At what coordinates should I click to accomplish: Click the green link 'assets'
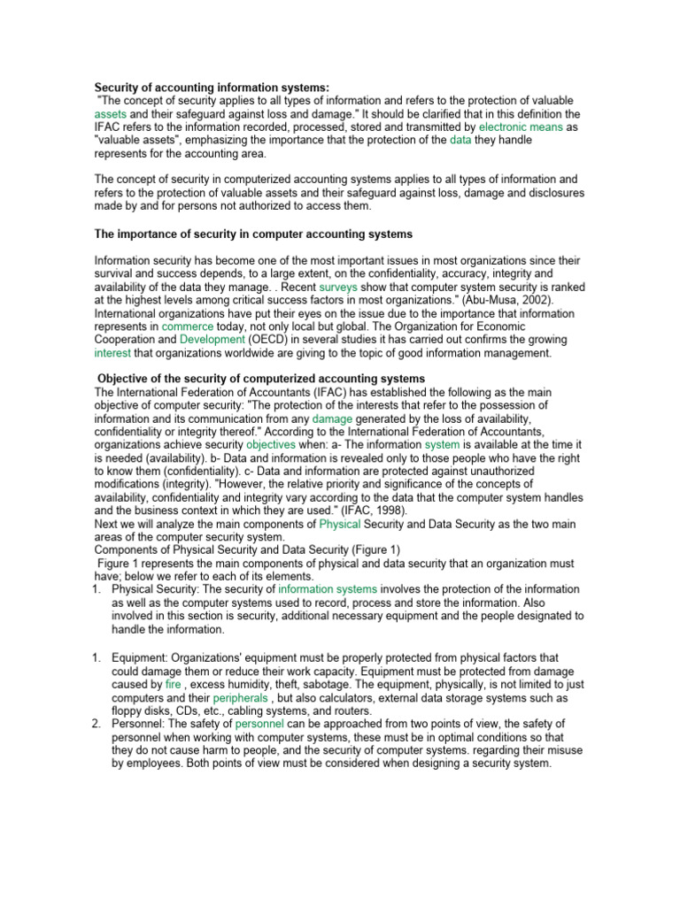click(111, 115)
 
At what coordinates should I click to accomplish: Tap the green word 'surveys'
click(336, 288)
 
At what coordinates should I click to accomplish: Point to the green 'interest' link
click(112, 352)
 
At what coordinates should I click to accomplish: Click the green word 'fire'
click(173, 684)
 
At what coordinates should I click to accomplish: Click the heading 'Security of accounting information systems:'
click(211, 88)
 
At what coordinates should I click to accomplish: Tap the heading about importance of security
click(253, 234)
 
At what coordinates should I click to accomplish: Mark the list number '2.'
click(99, 724)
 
